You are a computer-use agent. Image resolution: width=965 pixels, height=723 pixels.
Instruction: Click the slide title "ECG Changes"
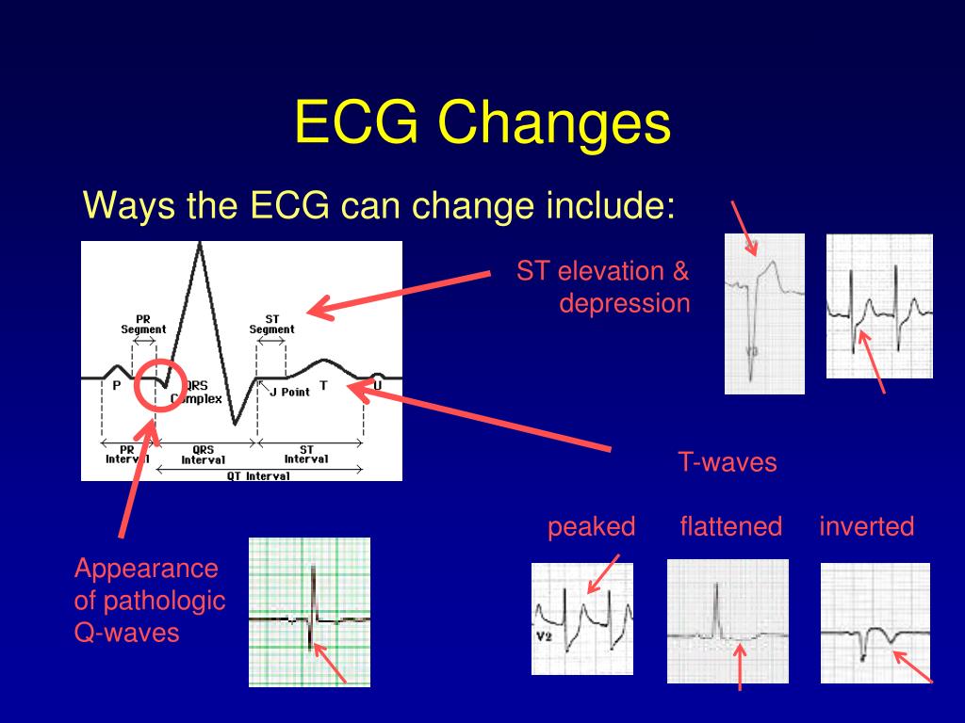pyautogui.click(x=482, y=121)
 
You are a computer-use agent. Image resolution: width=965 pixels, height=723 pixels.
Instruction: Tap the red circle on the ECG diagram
pyautogui.click(x=160, y=361)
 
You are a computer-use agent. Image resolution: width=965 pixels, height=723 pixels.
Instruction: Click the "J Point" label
pyautogui.click(x=289, y=392)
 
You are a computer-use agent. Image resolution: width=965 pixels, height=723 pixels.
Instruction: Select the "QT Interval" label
pyautogui.click(x=258, y=475)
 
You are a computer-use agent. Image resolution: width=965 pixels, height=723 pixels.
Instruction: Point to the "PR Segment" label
pyautogui.click(x=143, y=324)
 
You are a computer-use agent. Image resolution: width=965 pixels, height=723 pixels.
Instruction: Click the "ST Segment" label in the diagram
pyautogui.click(x=272, y=324)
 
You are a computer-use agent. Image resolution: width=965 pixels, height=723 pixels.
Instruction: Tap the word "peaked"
pyautogui.click(x=592, y=527)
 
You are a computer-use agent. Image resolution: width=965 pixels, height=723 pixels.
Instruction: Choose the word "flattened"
pyautogui.click(x=731, y=526)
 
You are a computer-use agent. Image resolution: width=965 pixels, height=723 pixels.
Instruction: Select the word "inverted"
pyautogui.click(x=867, y=526)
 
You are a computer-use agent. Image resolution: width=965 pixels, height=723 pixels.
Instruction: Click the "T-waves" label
pyautogui.click(x=728, y=461)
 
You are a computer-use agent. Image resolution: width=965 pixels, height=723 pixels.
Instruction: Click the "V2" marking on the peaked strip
pyautogui.click(x=544, y=636)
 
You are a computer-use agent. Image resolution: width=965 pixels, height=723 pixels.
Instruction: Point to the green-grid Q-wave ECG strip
pyautogui.click(x=309, y=612)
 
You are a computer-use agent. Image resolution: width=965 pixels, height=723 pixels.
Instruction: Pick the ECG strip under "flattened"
pyautogui.click(x=728, y=621)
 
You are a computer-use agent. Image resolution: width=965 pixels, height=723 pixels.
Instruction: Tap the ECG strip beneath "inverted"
pyautogui.click(x=875, y=623)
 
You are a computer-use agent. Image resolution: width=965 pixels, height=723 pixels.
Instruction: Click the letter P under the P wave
pyautogui.click(x=116, y=385)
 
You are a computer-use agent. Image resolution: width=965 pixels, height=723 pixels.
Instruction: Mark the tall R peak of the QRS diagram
pyautogui.click(x=200, y=244)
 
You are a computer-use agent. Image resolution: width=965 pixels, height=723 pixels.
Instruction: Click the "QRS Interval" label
pyautogui.click(x=204, y=455)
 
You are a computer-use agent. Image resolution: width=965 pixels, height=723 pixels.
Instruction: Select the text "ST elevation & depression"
pyautogui.click(x=603, y=287)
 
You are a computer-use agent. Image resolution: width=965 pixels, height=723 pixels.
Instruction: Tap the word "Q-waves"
pyautogui.click(x=127, y=633)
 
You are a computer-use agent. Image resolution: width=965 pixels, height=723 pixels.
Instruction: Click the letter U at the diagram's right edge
pyautogui.click(x=377, y=385)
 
